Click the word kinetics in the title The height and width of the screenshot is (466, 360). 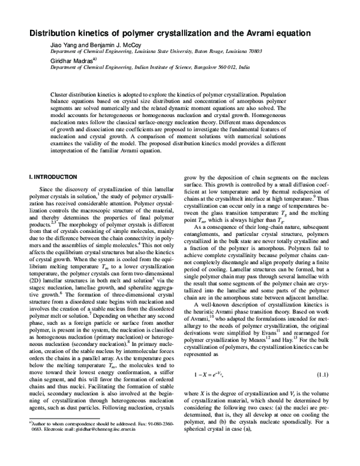tap(112, 33)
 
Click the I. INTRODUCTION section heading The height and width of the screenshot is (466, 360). tap(53, 177)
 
